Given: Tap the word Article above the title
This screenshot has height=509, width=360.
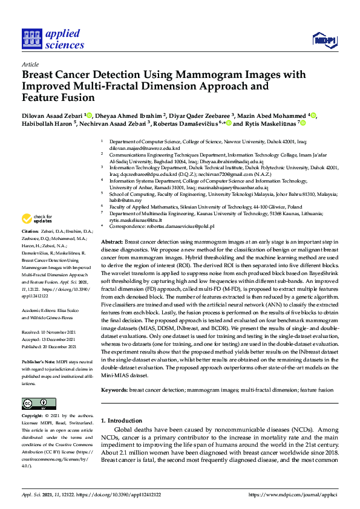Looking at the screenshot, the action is coord(30,64).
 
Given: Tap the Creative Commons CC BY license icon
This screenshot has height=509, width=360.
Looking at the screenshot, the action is coord(35,403).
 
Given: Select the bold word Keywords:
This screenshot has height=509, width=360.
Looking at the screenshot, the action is coord(114,391).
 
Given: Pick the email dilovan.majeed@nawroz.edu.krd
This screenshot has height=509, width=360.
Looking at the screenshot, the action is coord(145,148).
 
